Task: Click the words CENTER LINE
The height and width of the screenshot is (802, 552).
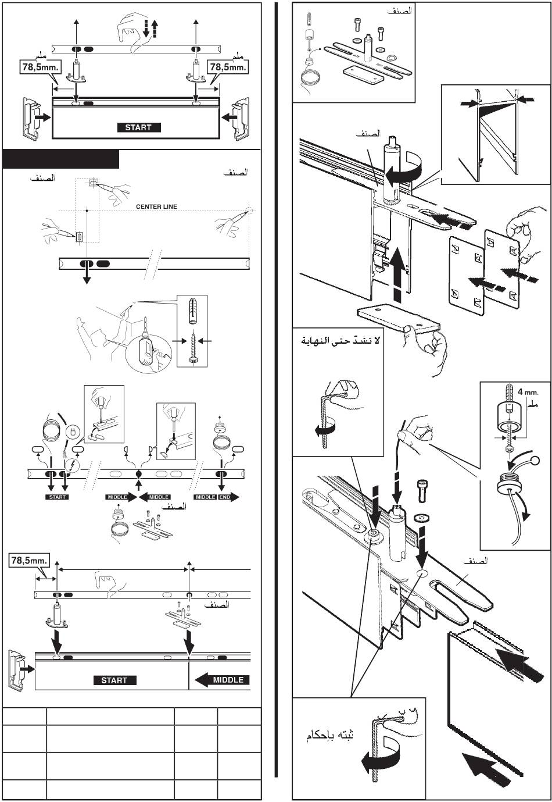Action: (x=156, y=206)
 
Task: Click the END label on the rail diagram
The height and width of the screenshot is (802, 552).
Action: (x=225, y=497)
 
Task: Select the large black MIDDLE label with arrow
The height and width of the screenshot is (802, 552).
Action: (x=221, y=679)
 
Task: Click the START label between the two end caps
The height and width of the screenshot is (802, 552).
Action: (x=138, y=127)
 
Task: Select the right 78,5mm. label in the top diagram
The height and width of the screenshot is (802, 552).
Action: (x=228, y=67)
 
